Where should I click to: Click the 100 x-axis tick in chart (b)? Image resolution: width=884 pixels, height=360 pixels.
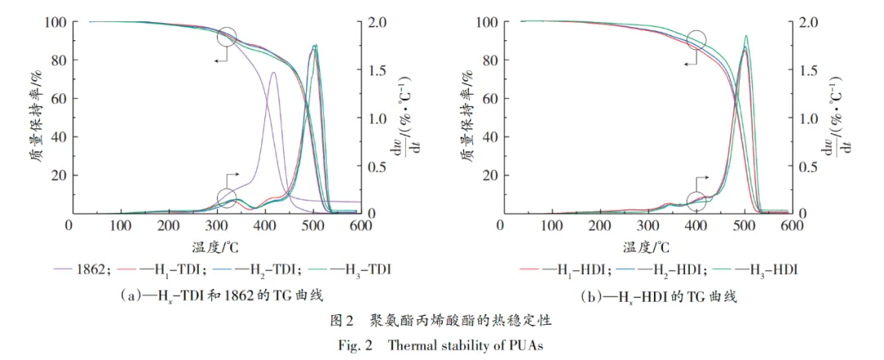pos(552,225)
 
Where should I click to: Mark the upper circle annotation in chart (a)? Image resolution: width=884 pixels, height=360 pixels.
pos(228,37)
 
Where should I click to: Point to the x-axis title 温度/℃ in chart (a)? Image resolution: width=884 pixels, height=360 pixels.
pos(216,245)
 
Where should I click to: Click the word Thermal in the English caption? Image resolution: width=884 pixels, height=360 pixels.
pos(414,344)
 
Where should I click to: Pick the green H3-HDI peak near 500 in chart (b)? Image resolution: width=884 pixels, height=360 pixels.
pos(746,36)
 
